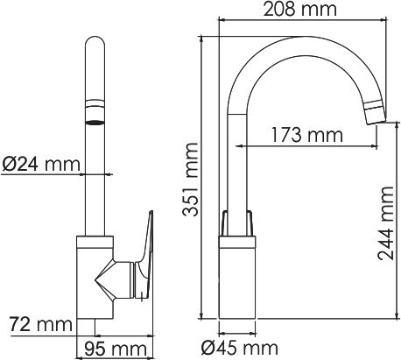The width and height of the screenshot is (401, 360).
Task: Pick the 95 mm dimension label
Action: click(115, 349)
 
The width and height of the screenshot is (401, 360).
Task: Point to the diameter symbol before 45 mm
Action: click(208, 349)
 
